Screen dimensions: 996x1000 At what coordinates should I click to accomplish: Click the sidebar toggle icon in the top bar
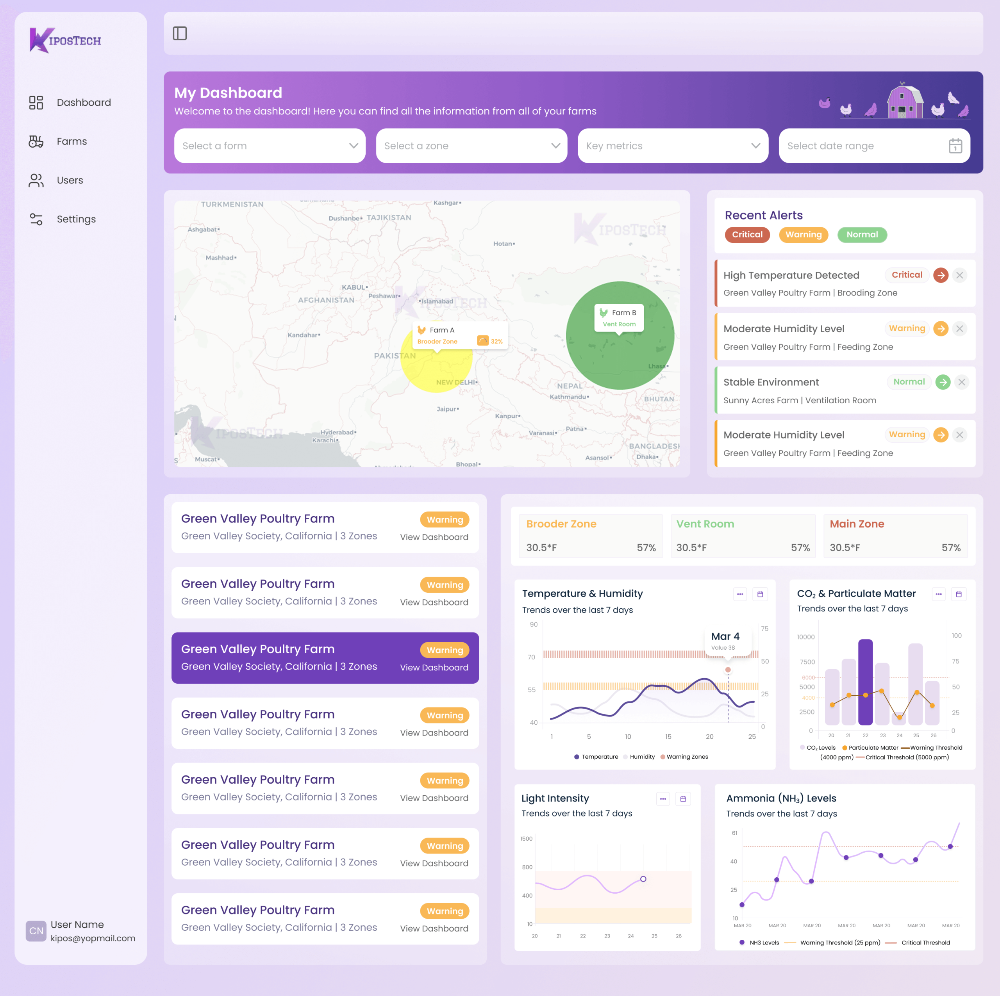[x=180, y=34]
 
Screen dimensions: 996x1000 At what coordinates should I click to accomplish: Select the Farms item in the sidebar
[x=71, y=141]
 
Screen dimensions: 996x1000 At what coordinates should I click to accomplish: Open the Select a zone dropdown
[x=471, y=146]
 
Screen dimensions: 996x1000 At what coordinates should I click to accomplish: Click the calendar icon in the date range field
[x=955, y=146]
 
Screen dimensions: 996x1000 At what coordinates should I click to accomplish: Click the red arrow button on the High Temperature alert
[x=941, y=275]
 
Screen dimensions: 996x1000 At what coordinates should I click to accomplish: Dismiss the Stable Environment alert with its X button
[x=961, y=382]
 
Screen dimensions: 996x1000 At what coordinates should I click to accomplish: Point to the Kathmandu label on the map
[x=568, y=397]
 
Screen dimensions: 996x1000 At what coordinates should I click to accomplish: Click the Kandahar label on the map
[x=303, y=335]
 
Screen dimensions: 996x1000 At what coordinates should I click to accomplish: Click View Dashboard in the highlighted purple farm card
[x=434, y=668]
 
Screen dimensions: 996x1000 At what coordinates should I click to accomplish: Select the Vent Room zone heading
[x=705, y=524]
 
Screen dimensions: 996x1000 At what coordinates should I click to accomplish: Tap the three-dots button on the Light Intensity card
[x=662, y=799]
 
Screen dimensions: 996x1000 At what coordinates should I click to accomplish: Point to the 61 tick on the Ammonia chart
[x=734, y=833]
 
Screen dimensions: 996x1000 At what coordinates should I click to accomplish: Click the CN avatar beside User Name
[x=36, y=931]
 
